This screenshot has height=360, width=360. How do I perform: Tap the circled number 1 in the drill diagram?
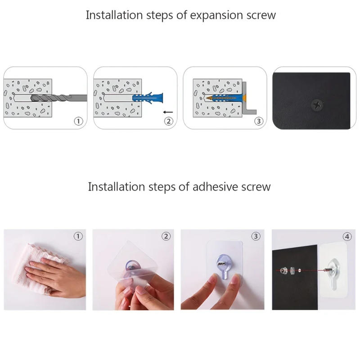(78, 121)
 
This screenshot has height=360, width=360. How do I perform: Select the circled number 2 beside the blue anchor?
(168, 121)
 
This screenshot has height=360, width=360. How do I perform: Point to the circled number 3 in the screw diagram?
(258, 121)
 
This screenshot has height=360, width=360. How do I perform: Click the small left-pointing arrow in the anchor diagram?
(168, 111)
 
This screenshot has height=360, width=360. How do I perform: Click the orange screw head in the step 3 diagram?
(244, 98)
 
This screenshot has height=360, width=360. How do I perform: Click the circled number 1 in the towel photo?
(78, 236)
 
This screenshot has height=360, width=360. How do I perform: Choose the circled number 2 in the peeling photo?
(166, 236)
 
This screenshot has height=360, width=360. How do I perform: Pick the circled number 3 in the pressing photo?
(256, 236)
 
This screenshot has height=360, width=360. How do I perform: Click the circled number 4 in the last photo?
(347, 236)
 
